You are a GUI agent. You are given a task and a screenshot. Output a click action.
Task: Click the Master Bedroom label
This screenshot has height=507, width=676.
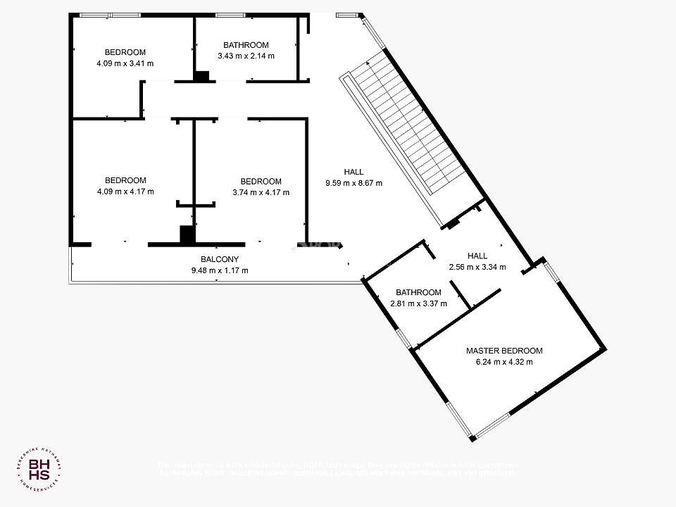coord(504,351)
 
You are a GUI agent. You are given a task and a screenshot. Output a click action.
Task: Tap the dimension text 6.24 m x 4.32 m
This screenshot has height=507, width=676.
coord(504,363)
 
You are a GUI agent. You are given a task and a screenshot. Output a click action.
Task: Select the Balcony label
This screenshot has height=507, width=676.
coord(220,259)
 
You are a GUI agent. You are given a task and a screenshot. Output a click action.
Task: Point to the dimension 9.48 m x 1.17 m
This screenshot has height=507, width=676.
coord(220,270)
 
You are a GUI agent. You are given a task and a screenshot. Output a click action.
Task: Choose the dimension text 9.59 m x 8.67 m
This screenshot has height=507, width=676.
coord(353,183)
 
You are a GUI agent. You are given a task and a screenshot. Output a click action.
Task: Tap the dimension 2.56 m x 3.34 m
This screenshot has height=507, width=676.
coord(477,267)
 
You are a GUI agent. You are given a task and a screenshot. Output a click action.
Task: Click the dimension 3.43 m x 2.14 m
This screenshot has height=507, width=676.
coord(246,56)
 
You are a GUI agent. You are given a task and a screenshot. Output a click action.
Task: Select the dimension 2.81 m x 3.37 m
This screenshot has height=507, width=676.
coord(418,304)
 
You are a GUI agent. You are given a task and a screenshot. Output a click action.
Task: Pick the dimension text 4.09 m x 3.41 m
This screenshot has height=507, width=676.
coord(125,63)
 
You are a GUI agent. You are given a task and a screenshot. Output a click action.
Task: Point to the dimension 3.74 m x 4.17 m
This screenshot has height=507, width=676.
coord(261,192)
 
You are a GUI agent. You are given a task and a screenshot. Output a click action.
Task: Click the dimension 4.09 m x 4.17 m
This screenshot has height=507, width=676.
coord(125,191)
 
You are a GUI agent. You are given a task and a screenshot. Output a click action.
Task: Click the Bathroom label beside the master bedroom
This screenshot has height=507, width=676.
coord(418,292)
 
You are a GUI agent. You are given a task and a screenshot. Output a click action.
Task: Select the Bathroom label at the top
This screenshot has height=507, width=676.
coord(246,45)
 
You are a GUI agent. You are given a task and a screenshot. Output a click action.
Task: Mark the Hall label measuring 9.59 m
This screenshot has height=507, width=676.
coord(353,172)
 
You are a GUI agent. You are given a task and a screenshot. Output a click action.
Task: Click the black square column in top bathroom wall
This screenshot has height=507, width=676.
coord(202,77)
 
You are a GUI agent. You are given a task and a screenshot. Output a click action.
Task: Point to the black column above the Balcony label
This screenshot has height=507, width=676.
coord(187,234)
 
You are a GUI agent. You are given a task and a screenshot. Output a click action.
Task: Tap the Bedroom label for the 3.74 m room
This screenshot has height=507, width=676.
coord(261,181)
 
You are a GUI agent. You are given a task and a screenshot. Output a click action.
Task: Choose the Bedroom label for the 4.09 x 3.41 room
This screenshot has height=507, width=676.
coord(125,52)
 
